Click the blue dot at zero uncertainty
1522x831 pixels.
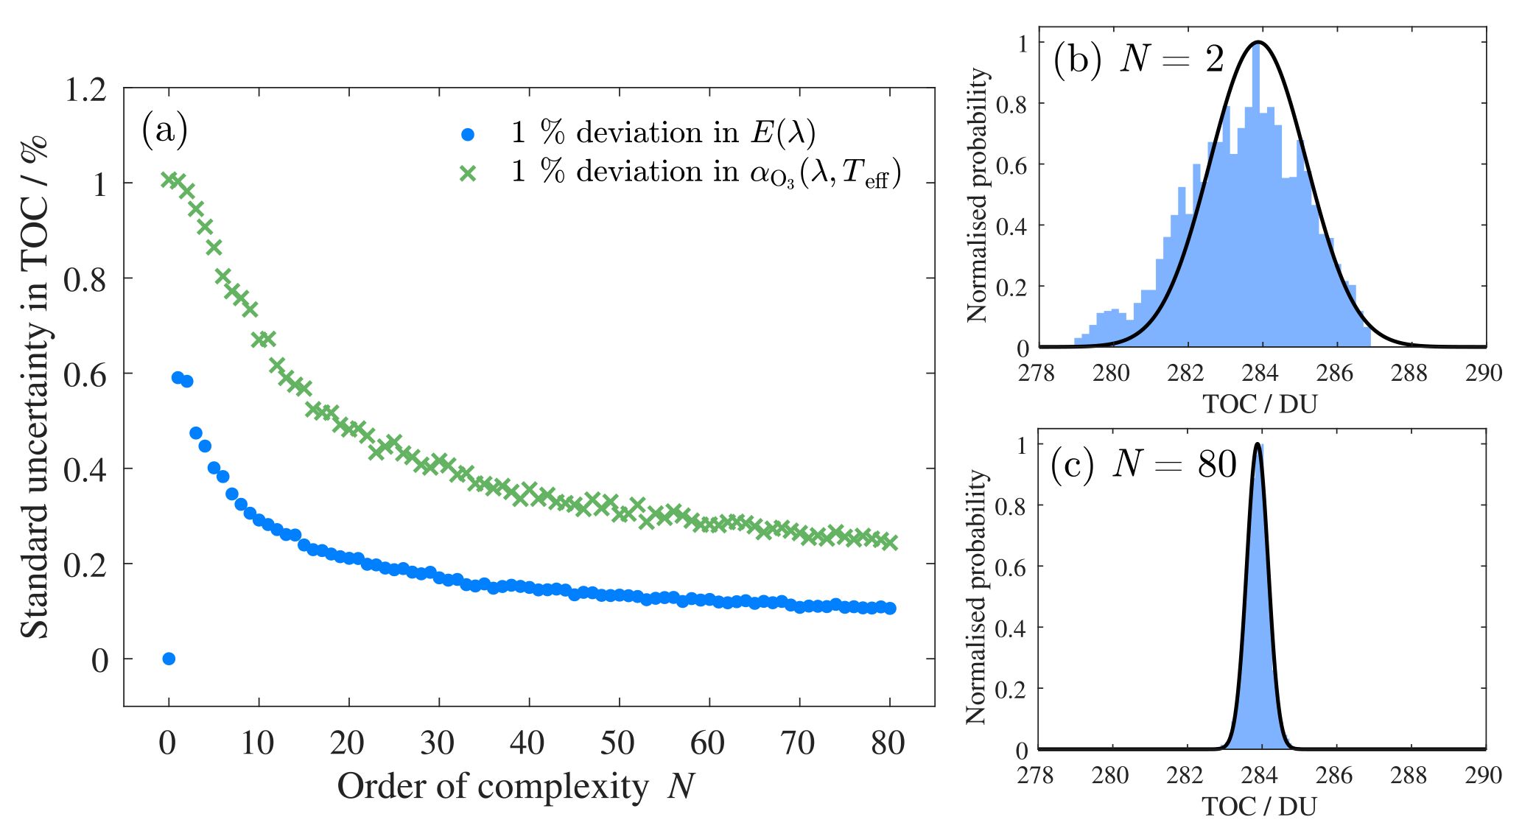169,659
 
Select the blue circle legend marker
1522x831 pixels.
467,135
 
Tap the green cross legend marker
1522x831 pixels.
467,174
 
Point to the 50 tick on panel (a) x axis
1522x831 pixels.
617,743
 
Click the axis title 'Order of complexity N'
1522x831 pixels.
516,787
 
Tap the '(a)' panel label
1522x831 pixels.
164,130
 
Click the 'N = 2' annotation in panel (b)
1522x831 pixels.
1171,59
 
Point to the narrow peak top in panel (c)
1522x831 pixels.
1258,443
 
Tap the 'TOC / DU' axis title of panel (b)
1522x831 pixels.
1260,404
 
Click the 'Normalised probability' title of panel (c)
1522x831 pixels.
976,597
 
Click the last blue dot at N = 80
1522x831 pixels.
890,609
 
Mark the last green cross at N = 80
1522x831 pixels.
889,542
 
